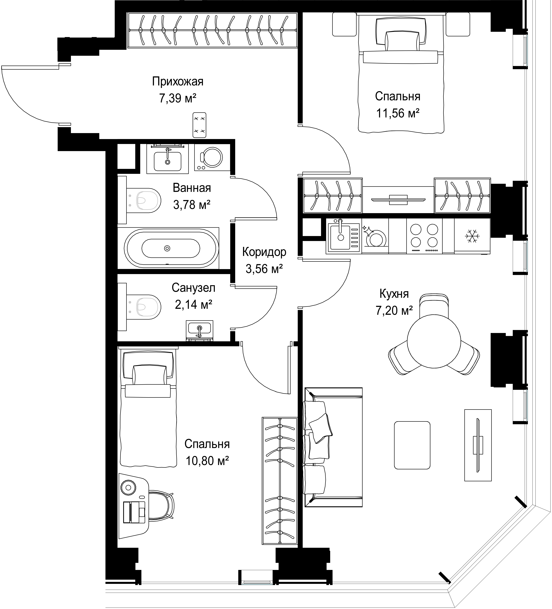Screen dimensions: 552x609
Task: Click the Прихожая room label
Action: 178,82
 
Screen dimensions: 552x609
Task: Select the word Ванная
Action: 192,188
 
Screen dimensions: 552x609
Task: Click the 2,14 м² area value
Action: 193,304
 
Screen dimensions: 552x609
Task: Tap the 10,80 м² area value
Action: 207,461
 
